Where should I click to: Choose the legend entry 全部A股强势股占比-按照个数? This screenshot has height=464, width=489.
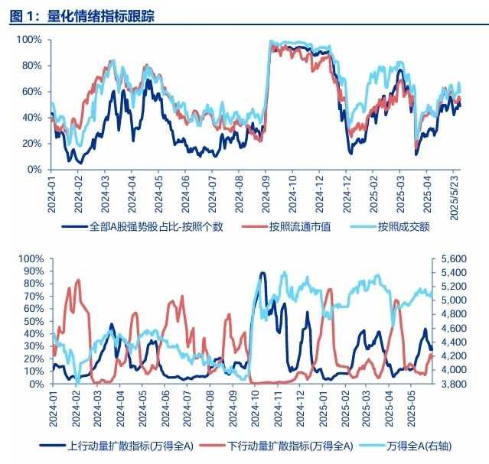pyautogui.click(x=156, y=226)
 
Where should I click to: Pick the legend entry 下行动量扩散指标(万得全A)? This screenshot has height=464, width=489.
pyautogui.click(x=292, y=445)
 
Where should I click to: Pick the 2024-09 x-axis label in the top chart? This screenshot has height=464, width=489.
pyautogui.click(x=265, y=195)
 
